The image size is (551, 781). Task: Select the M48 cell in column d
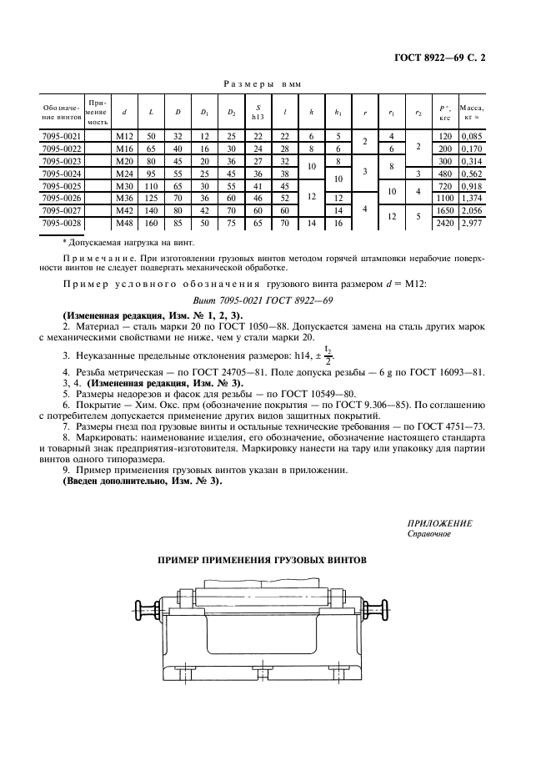(x=125, y=224)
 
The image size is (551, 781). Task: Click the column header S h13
(x=258, y=112)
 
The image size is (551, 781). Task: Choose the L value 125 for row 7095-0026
(x=152, y=199)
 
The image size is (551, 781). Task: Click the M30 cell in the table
(x=125, y=185)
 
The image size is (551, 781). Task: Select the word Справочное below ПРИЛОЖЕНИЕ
(x=429, y=534)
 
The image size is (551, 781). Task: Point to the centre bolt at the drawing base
(x=263, y=670)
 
